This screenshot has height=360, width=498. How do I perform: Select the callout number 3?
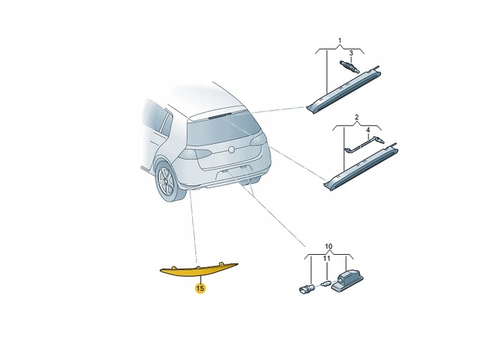(x=351, y=53)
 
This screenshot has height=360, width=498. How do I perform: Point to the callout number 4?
(x=368, y=130)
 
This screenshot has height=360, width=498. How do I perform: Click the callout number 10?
(x=329, y=246)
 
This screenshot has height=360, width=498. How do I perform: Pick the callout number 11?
(x=329, y=260)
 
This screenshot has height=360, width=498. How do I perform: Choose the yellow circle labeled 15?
(x=200, y=287)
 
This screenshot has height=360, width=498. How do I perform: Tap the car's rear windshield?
(x=221, y=125)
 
